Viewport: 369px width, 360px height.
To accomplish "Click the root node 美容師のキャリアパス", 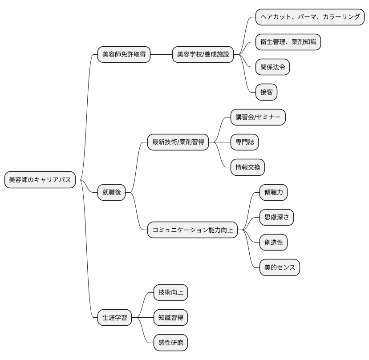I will pyautogui.click(x=40, y=180).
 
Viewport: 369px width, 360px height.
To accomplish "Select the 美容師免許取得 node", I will pyautogui.click(x=124, y=55).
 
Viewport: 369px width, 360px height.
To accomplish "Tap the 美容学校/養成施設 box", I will pyautogui.click(x=203, y=55).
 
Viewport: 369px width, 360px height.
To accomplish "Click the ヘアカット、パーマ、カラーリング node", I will pyautogui.click(x=310, y=17).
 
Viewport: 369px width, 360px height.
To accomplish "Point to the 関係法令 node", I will pyautogui.click(x=272, y=68).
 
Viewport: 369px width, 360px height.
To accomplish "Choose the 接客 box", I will pyautogui.click(x=266, y=93).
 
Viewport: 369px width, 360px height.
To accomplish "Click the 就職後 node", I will pyautogui.click(x=112, y=193).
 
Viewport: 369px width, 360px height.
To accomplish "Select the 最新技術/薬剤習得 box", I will pyautogui.click(x=178, y=142).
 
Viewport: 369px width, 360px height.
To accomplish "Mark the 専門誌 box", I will pyautogui.click(x=244, y=142).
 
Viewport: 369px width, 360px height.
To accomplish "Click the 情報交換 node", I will pyautogui.click(x=247, y=167).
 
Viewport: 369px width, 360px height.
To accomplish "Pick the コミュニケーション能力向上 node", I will pyautogui.click(x=192, y=230).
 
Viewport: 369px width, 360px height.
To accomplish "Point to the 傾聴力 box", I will pyautogui.click(x=273, y=192).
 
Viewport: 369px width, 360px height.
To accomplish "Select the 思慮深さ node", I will pyautogui.click(x=276, y=218).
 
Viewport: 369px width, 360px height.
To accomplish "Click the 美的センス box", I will pyautogui.click(x=280, y=268).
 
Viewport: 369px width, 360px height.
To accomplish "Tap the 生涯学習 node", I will pyautogui.click(x=114, y=318).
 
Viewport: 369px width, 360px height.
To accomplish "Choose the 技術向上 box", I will pyautogui.click(x=170, y=292).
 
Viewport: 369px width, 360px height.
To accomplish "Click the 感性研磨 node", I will pyautogui.click(x=170, y=343).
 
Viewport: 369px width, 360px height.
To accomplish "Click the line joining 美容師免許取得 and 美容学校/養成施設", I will pyautogui.click(x=161, y=55).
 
